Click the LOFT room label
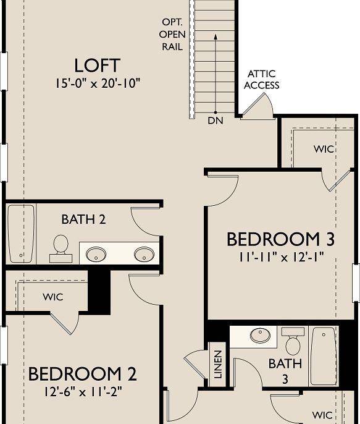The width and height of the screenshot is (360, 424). pos(97,65)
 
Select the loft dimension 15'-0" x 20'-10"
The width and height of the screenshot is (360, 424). pos(97,82)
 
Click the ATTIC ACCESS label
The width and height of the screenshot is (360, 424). pos(261,80)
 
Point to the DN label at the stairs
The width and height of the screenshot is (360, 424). pos(215,121)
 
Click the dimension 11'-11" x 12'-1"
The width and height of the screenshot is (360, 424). pos(281,255)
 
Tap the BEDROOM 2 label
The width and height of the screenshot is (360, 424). pos(82,374)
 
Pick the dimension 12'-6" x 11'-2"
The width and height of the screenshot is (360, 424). pos(82,392)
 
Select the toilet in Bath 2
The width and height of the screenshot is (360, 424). pos(61,245)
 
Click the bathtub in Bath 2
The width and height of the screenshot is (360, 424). pos(20,233)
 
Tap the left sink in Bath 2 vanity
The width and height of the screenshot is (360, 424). pos(96,253)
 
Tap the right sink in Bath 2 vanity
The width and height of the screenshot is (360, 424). pos(144,253)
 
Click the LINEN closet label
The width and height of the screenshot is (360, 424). pos(217,365)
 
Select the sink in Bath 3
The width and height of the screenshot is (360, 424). pos(259,336)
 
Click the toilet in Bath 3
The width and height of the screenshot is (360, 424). pos(292,341)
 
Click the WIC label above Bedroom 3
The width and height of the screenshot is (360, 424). pos(324,149)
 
